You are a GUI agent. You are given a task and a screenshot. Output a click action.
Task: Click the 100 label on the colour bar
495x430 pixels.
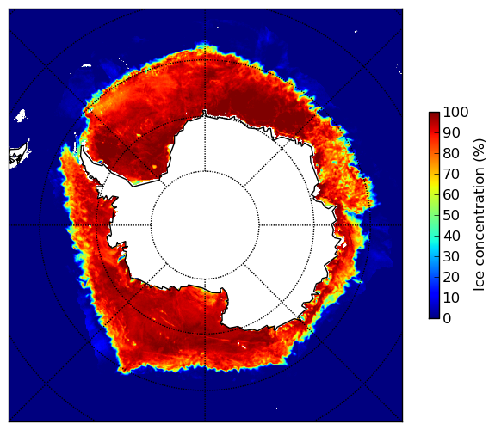pos(455,112)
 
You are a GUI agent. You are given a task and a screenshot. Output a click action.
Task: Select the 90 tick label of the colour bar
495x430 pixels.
pos(451,132)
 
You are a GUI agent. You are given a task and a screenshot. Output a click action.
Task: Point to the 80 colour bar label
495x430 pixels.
pos(451,154)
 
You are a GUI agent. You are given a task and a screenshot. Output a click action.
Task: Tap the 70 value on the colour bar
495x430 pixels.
pos(451,174)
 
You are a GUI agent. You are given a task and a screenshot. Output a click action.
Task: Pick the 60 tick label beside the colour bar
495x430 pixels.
pos(451,195)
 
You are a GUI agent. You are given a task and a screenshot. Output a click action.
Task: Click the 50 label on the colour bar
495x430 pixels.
pos(451,216)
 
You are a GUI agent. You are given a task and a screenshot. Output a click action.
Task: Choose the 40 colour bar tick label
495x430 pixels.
pos(451,236)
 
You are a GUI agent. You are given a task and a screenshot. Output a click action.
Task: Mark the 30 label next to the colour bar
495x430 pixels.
pos(451,257)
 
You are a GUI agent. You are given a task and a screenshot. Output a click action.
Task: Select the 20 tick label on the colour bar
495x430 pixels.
pos(451,278)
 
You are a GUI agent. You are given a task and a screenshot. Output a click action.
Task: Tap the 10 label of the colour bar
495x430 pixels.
pos(451,298)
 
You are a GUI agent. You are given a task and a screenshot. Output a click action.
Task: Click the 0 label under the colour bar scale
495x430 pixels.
pos(448,319)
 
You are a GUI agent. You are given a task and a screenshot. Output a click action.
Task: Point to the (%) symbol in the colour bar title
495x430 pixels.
pos(480,150)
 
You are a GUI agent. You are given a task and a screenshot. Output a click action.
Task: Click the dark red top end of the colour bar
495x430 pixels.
pos(434,114)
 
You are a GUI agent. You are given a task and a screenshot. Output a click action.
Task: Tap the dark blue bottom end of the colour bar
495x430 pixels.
pos(434,316)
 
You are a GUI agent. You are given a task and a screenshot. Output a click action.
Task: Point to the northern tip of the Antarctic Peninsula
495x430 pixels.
pos(83,147)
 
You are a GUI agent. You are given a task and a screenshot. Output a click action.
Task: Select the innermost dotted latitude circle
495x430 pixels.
pos(205,171)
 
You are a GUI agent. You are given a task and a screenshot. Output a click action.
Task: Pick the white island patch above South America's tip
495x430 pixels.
pos(21,115)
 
